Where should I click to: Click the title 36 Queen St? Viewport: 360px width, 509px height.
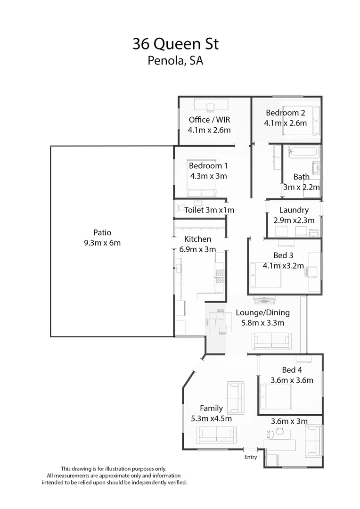(x=176, y=44)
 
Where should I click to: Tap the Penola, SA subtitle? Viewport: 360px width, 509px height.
(x=175, y=60)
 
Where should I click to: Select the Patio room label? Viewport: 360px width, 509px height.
(x=102, y=232)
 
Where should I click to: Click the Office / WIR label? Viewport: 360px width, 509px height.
(x=209, y=119)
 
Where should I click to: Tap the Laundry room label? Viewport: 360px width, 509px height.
(x=294, y=210)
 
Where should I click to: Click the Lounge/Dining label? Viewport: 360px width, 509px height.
(x=262, y=312)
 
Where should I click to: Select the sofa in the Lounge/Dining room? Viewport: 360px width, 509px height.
(x=271, y=340)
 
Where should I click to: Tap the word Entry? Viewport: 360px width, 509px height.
(x=251, y=457)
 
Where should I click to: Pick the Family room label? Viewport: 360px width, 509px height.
(x=211, y=408)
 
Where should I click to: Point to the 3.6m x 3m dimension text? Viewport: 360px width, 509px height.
(x=289, y=421)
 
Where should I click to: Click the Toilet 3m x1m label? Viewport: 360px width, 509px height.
(x=209, y=210)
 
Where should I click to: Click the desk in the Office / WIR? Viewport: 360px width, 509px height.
(x=211, y=105)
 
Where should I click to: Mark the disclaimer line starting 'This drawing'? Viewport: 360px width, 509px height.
(x=114, y=468)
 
